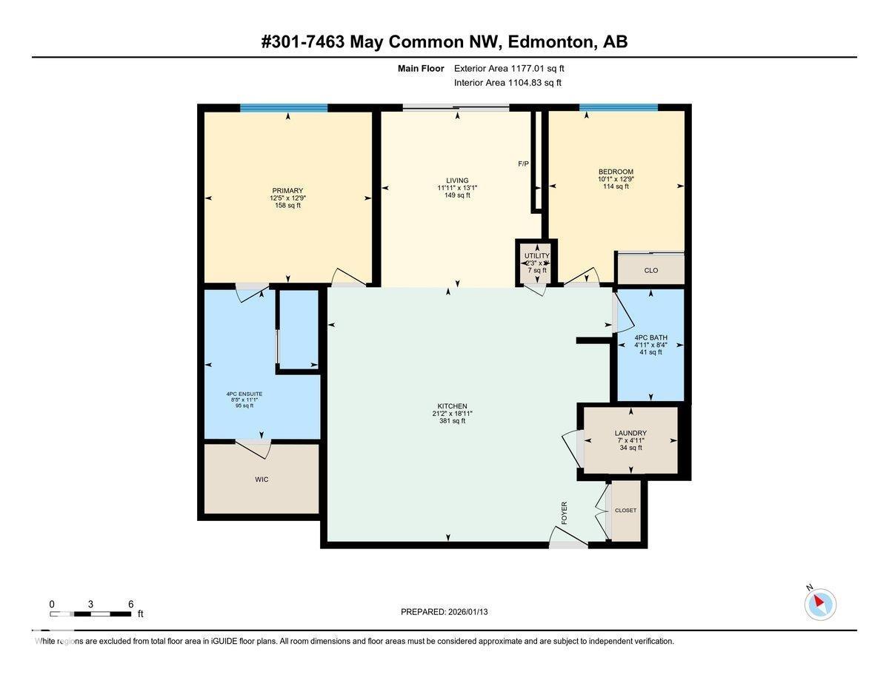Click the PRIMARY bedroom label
(x=287, y=191)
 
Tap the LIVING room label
(x=457, y=181)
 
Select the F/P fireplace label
(x=523, y=163)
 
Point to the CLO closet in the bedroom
(x=650, y=270)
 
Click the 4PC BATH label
(x=650, y=338)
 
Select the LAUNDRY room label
(x=630, y=434)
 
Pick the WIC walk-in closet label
(x=262, y=480)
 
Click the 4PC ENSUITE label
(x=244, y=394)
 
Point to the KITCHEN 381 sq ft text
(x=452, y=421)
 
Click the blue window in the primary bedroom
(x=284, y=108)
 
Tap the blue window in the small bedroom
(x=618, y=107)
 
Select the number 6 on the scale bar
(x=130, y=604)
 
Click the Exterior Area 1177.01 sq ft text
(x=514, y=68)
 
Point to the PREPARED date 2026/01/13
(x=444, y=612)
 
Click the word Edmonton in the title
(x=549, y=41)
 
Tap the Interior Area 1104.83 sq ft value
(x=507, y=83)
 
